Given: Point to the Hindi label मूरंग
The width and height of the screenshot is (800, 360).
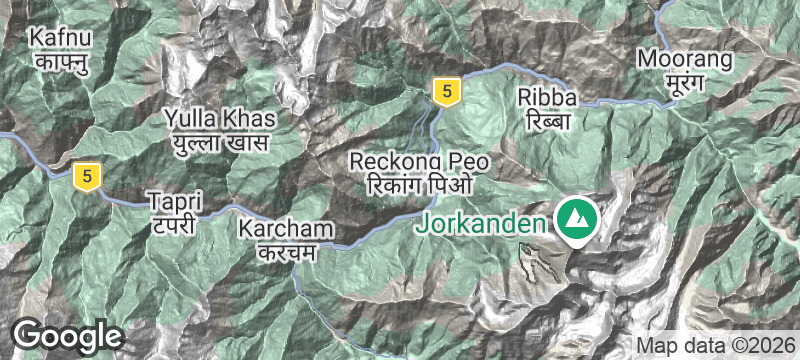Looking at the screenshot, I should tap(685, 81).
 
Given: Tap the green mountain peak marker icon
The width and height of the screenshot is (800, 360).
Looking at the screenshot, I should tap(576, 217).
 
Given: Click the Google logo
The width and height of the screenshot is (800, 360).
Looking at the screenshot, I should tap(67, 335).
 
